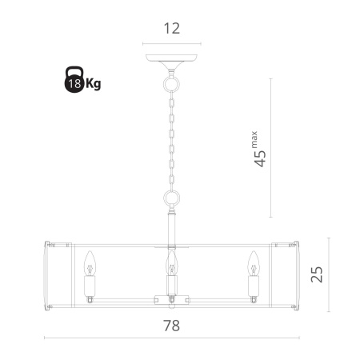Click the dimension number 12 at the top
172,28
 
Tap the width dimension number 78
171,326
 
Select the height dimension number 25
317,274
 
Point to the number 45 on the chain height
260,158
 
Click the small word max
254,139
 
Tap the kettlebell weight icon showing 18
74,79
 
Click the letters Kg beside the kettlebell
93,84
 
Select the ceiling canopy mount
171,61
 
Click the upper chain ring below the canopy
171,84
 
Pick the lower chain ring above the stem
171,198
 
